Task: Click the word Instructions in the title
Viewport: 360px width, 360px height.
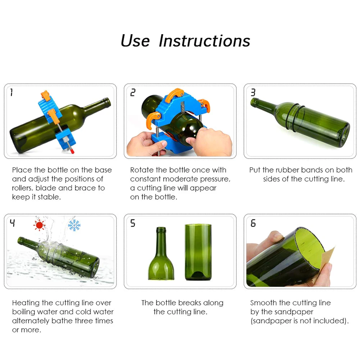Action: click(204, 41)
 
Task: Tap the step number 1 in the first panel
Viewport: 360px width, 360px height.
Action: click(12, 92)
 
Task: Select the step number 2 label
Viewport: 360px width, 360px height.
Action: click(133, 92)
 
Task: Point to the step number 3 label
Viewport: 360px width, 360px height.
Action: click(253, 92)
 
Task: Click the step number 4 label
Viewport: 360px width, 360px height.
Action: click(12, 223)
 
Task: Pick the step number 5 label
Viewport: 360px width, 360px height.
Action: click(133, 223)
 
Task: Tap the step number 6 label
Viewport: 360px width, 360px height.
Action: click(253, 223)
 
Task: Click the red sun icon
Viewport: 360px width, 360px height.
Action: click(39, 225)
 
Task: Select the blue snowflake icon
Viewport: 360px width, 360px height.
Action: click(74, 225)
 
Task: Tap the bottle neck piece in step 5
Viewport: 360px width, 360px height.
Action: click(161, 254)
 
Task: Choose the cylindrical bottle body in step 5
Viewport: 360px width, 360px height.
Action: click(198, 252)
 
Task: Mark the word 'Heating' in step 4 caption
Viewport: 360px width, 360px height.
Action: click(26, 303)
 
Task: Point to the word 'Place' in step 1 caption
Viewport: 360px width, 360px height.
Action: click(22, 170)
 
